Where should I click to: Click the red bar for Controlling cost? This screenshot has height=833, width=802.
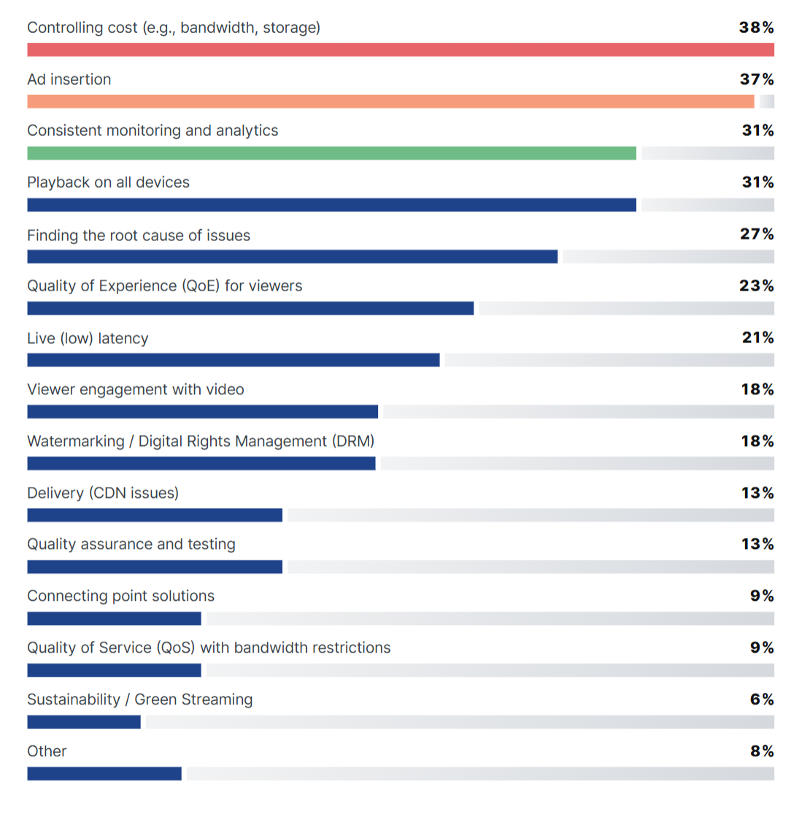pyautogui.click(x=401, y=50)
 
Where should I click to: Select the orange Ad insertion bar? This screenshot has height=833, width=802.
pyautogui.click(x=390, y=101)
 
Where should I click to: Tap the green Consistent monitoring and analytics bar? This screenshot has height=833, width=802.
pyautogui.click(x=331, y=153)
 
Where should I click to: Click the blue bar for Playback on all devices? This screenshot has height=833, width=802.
pyautogui.click(x=331, y=205)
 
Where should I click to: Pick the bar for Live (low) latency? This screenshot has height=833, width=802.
pyautogui.click(x=234, y=360)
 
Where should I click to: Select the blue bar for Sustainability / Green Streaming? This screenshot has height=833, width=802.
pyautogui.click(x=84, y=722)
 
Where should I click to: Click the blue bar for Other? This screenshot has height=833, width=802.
pyautogui.click(x=104, y=774)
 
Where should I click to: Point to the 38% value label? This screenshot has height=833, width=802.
pyautogui.click(x=756, y=28)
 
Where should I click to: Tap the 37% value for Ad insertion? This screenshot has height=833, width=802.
pyautogui.click(x=756, y=80)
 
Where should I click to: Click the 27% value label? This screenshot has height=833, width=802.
pyautogui.click(x=757, y=234)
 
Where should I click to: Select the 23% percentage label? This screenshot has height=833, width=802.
pyautogui.click(x=756, y=286)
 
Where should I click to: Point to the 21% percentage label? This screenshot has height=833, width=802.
pyautogui.click(x=757, y=338)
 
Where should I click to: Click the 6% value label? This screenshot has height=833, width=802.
pyautogui.click(x=762, y=699)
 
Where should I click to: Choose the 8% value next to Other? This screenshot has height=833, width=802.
pyautogui.click(x=762, y=751)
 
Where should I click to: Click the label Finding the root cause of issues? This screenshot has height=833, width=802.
pyautogui.click(x=139, y=236)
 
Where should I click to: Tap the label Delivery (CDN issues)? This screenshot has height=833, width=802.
pyautogui.click(x=103, y=494)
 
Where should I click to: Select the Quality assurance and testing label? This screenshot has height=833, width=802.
pyautogui.click(x=131, y=545)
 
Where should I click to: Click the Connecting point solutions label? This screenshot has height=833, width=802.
pyautogui.click(x=121, y=596)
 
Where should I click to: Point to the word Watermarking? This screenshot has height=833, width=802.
pyautogui.click(x=76, y=442)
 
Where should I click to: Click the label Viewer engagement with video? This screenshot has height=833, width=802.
pyautogui.click(x=136, y=390)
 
